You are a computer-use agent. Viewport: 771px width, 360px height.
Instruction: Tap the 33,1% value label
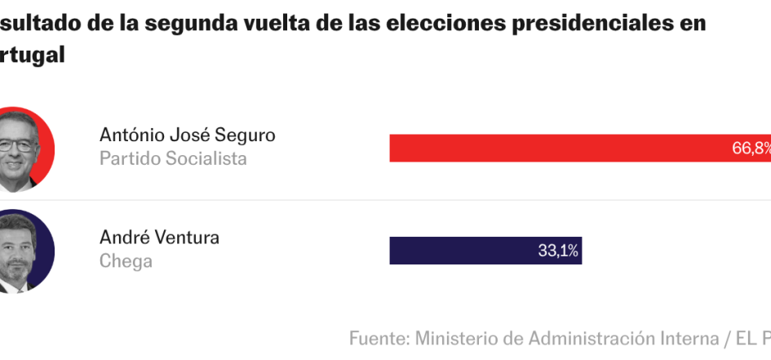coord(558,251)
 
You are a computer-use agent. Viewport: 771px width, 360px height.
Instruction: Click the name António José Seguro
coord(187,135)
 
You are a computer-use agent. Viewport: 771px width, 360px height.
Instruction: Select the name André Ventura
coord(159,238)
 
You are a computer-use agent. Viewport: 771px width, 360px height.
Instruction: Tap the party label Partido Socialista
coord(173,158)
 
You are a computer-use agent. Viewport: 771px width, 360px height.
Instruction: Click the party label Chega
coord(126,261)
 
